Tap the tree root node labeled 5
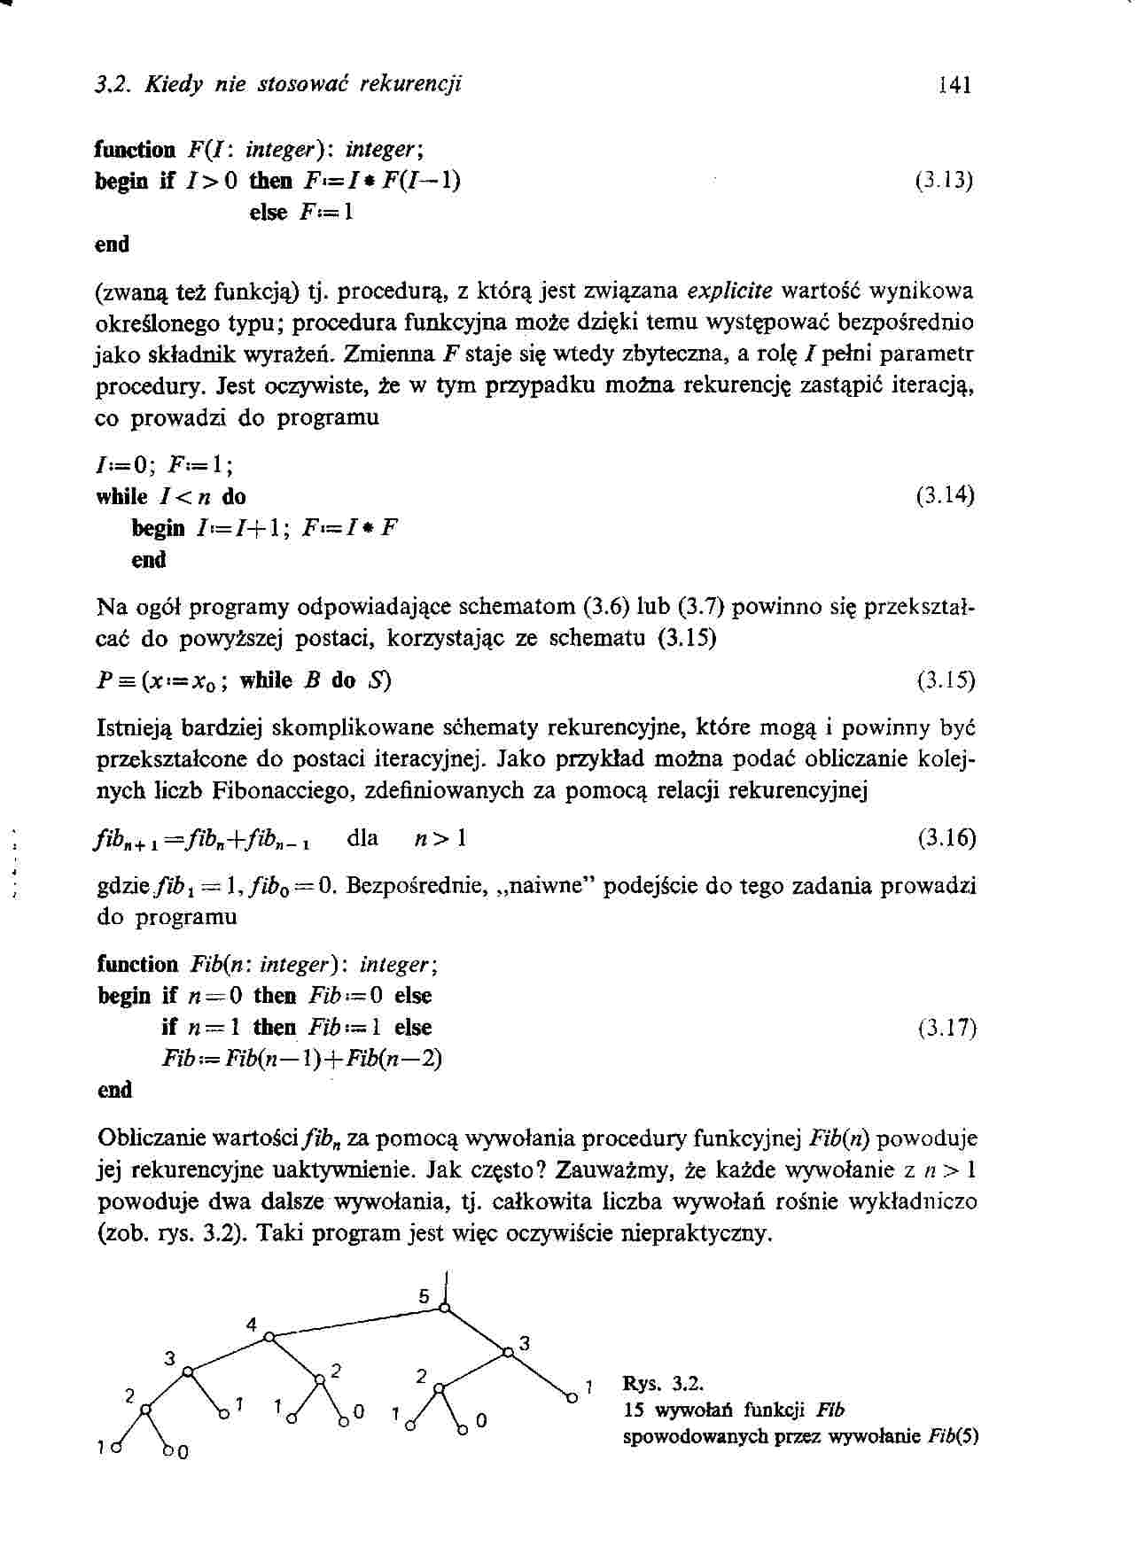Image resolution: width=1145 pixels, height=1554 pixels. click(x=445, y=1307)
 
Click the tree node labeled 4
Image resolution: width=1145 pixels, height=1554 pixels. click(x=269, y=1336)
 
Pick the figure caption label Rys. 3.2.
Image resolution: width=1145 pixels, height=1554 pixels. click(x=663, y=1384)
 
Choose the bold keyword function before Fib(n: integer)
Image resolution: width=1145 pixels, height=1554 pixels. click(x=137, y=964)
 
